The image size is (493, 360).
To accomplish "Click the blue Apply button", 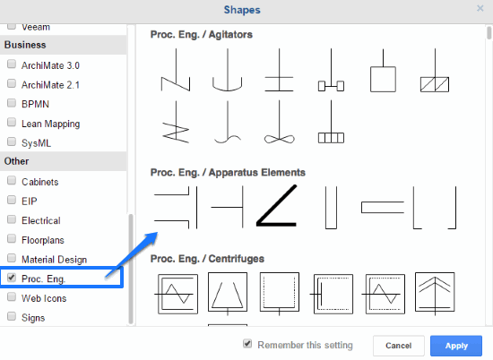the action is click(456, 346).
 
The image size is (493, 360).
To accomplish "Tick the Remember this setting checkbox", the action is click(247, 344).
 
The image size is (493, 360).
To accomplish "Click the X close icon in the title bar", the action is click(480, 8).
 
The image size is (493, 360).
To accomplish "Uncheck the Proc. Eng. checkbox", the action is click(12, 278).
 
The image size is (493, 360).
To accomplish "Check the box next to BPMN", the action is click(12, 103).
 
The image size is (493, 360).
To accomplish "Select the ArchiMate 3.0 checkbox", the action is click(12, 64).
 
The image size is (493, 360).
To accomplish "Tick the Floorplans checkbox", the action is click(12, 239).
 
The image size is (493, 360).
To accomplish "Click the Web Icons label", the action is click(44, 298).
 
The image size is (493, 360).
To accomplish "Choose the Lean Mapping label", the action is click(50, 124).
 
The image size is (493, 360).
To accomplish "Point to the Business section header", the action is click(25, 45).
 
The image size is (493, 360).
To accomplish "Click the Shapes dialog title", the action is click(242, 10).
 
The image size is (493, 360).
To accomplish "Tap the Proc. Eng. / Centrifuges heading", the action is click(207, 259).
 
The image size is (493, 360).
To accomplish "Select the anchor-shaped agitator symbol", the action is click(228, 90).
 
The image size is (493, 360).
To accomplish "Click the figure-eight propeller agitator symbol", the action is click(279, 138).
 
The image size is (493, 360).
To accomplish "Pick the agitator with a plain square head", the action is click(383, 79).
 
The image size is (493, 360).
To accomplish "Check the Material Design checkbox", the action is click(12, 258).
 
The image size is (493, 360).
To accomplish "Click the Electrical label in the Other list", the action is click(41, 221).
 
